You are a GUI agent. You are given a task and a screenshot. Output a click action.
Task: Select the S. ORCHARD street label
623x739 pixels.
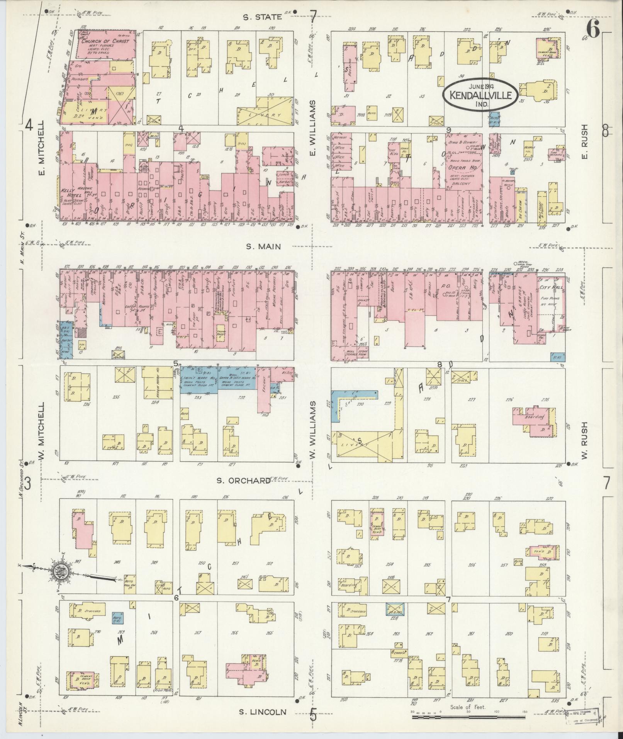(243, 480)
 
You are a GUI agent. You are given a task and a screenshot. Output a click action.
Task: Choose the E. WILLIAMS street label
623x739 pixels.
(312, 128)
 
